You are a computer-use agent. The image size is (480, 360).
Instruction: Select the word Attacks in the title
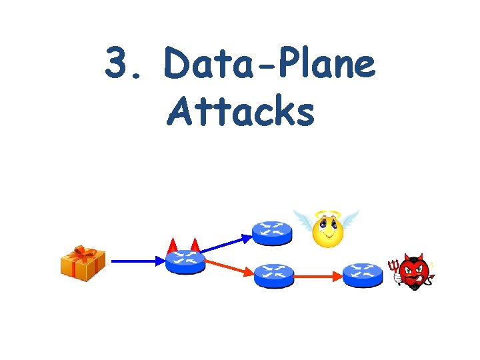pos(241,111)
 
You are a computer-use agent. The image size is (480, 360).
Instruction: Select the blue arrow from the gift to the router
pos(137,262)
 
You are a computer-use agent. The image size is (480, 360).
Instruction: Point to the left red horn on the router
pos(173,245)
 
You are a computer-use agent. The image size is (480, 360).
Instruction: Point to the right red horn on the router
pos(195,245)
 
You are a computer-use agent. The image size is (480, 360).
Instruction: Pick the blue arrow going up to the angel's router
pos(225,243)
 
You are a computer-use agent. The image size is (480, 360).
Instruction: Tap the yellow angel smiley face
pos(327,233)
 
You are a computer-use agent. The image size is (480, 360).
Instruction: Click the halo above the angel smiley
pos(327,215)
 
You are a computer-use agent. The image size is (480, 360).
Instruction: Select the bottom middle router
pos(273,275)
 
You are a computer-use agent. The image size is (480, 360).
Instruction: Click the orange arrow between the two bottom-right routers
pos(318,275)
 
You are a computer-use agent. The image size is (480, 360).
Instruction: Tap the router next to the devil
pos(363,275)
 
